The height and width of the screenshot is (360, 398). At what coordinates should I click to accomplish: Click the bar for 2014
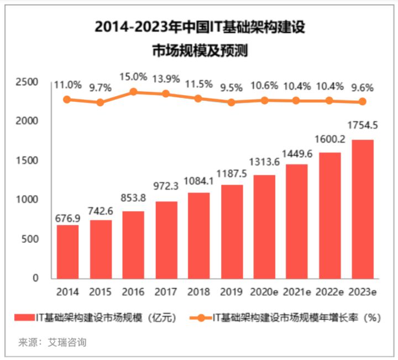[67, 251]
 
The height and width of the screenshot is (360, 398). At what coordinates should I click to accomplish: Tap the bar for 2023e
[363, 208]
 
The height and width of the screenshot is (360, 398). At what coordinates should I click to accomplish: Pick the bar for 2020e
[264, 226]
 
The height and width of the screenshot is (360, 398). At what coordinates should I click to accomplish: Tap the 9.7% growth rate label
[101, 87]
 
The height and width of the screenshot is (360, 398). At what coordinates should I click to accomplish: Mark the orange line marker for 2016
[133, 92]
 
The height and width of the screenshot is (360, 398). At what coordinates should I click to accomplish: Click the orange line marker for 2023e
[363, 101]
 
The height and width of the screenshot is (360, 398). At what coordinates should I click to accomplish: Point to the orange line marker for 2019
[231, 102]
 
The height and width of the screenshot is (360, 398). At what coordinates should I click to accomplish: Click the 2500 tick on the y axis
[27, 82]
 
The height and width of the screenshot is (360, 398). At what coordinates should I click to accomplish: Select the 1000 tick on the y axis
[27, 200]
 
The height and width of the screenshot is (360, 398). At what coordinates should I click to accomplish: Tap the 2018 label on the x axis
[198, 291]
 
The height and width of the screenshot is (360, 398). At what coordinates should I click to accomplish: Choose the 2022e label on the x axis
[330, 291]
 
